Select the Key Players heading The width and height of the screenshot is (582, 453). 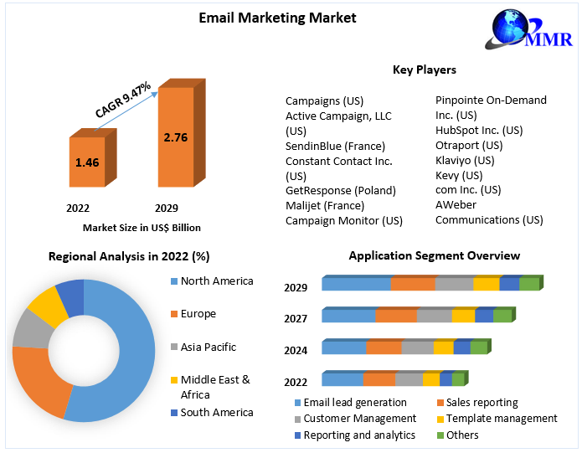[x=425, y=69]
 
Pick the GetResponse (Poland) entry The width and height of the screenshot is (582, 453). [x=340, y=190]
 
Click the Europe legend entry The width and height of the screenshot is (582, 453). [x=198, y=314]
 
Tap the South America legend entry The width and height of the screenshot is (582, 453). [x=216, y=412]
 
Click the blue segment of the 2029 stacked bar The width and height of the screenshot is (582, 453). [x=356, y=285]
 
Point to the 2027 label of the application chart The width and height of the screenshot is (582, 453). [x=296, y=318]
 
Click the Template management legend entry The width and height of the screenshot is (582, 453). [x=501, y=418]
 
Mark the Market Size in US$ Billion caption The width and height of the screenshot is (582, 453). [x=142, y=227]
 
